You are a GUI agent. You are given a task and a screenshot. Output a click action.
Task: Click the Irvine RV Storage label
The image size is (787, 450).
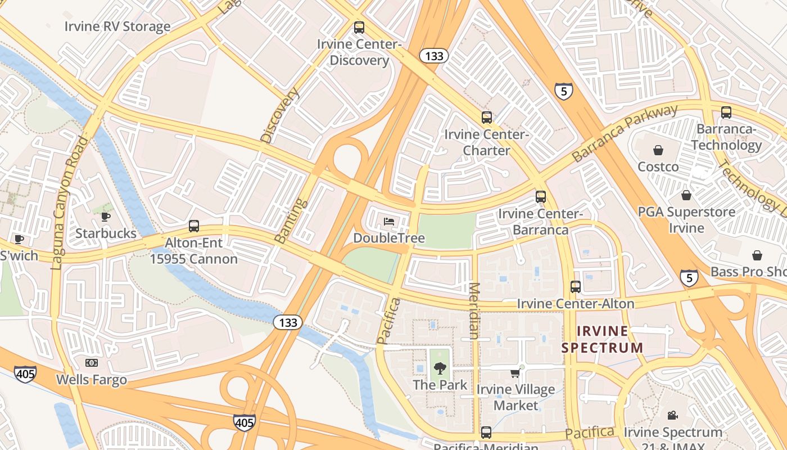click(117, 26)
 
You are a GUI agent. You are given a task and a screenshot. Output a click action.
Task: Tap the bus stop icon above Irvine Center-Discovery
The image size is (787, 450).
click(359, 27)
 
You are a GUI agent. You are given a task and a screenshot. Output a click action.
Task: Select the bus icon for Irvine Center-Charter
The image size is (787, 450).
click(486, 118)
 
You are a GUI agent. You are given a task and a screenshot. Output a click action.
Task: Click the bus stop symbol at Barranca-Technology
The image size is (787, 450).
click(726, 112)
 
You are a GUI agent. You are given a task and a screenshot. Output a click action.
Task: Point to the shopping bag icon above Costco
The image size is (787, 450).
click(658, 150)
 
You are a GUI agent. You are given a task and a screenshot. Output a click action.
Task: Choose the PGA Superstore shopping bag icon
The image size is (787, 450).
click(686, 195)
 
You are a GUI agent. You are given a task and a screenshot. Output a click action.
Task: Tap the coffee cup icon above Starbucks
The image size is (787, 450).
click(106, 217)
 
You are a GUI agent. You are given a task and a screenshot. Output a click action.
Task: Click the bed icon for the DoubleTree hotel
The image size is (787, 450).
click(388, 222)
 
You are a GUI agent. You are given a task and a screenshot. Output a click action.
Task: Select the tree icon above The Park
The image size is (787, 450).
click(440, 368)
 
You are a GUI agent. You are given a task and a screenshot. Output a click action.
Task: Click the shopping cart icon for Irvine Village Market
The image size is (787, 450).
click(515, 373)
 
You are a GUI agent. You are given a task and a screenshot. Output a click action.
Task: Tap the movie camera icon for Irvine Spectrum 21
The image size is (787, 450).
click(672, 416)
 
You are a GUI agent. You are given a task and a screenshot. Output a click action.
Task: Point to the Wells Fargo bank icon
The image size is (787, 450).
click(91, 363)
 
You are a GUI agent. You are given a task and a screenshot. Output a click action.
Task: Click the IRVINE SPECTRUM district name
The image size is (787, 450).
click(602, 339)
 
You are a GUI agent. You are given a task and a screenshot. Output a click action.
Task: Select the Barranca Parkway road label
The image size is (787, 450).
click(625, 133)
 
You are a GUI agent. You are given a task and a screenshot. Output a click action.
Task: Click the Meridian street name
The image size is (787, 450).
click(473, 310)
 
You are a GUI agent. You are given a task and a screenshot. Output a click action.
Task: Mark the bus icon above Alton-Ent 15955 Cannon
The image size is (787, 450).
click(193, 226)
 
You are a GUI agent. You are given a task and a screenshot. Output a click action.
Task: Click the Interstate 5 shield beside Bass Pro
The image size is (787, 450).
click(689, 278)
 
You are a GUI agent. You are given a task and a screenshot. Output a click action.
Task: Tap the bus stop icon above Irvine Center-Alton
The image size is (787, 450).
click(575, 287)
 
